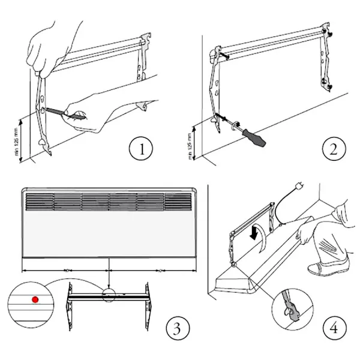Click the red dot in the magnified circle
click(35, 299)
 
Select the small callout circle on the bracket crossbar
click(109, 295)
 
